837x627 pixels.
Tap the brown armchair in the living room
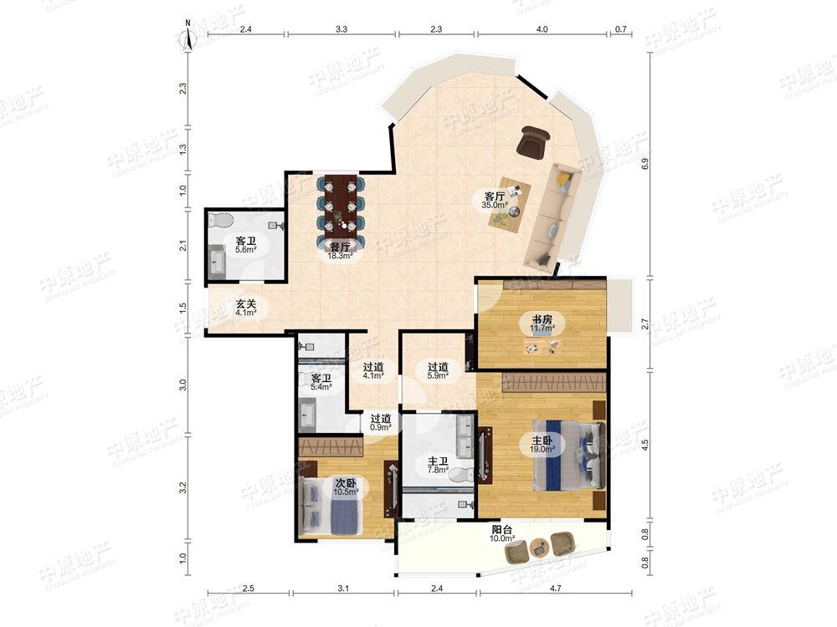(x=534, y=141)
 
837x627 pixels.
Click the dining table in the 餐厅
(x=341, y=206)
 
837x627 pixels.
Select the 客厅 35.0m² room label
(x=495, y=200)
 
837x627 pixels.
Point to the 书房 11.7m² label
(x=542, y=324)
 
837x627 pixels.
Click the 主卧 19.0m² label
(x=542, y=445)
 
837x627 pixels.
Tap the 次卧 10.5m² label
(x=346, y=487)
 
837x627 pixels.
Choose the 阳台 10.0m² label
(x=501, y=534)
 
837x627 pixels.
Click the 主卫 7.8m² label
(x=438, y=466)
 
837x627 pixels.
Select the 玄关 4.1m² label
(x=246, y=308)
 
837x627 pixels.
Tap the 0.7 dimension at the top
(x=620, y=29)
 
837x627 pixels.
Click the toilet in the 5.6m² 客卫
(x=220, y=219)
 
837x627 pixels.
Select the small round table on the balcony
(x=539, y=548)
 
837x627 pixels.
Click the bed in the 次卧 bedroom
(x=331, y=505)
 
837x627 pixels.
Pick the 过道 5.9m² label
(x=438, y=370)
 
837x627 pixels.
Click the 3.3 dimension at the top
(x=341, y=29)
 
